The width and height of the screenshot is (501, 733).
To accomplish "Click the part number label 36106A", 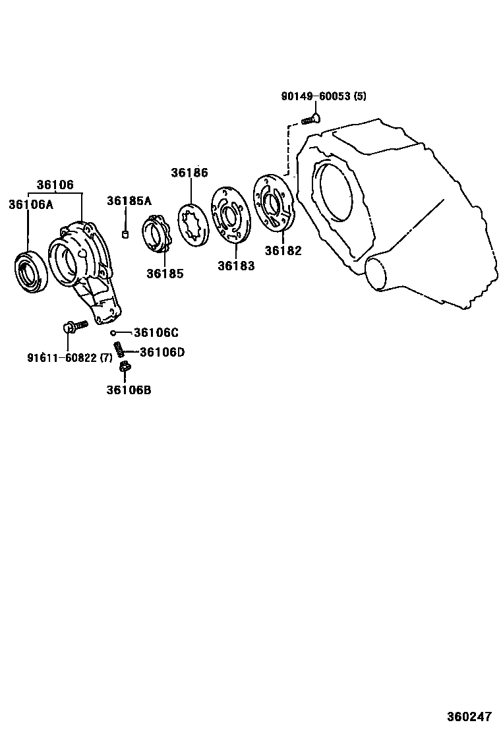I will pos(30,204).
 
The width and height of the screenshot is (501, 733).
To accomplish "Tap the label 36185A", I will pos(129,200).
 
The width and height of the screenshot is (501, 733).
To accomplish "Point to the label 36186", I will pos(189,173).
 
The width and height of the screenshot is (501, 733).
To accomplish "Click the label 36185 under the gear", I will pos(165,273).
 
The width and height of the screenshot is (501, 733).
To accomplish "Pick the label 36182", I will pos(283,250).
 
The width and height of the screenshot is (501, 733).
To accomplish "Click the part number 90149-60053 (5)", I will pos(324,96).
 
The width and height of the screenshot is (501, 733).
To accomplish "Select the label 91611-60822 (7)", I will pos(70,358).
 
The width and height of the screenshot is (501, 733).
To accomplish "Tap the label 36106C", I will pos(156,332).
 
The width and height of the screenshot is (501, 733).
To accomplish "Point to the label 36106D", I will pos(162,352).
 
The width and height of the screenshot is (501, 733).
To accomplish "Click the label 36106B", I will pos(129,390).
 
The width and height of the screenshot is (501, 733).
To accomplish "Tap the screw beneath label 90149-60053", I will pos(310,119).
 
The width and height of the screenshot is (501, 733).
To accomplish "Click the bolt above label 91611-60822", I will pos(73,325).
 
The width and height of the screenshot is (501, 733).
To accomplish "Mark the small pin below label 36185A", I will pos(125,234).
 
